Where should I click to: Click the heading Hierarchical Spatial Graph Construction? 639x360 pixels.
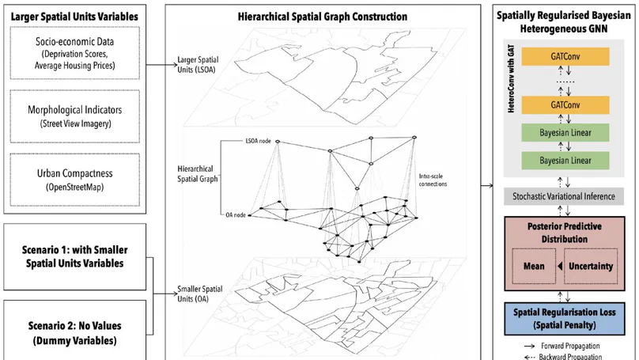pyautogui.click(x=323, y=17)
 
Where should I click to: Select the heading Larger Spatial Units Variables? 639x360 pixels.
pyautogui.click(x=76, y=17)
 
